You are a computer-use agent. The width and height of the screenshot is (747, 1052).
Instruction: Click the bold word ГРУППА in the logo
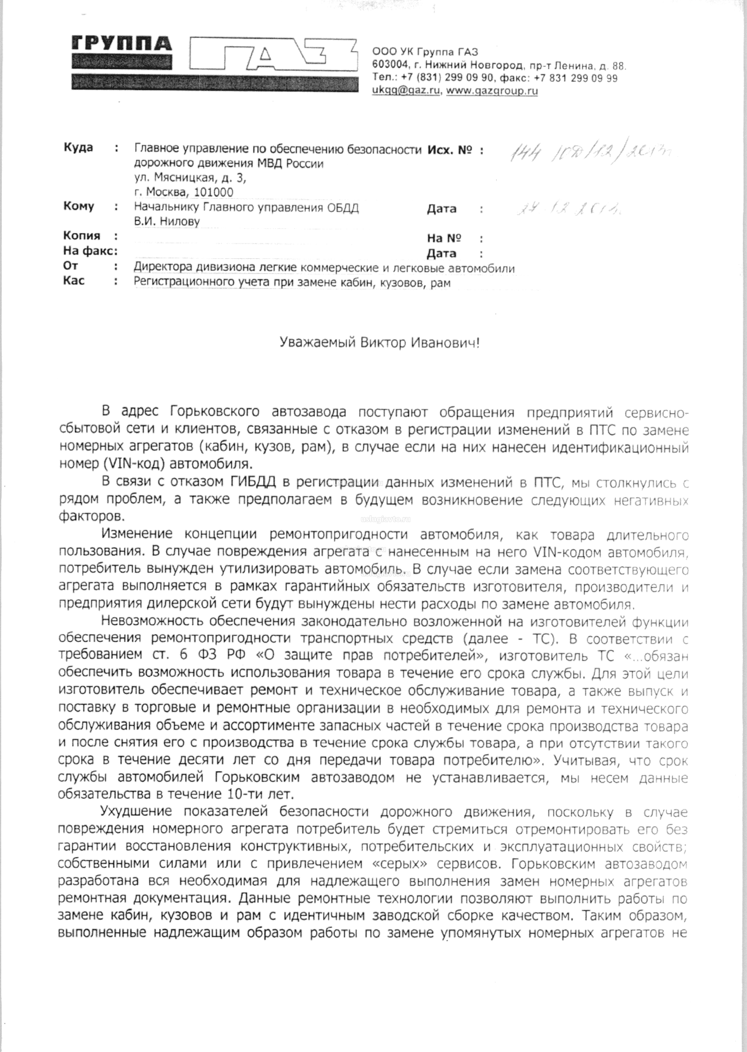point(122,44)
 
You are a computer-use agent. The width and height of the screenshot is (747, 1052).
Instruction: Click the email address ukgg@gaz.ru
point(406,91)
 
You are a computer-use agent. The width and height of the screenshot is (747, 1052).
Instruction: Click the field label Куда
point(78,148)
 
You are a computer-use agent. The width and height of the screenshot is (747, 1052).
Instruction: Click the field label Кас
point(74,281)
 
